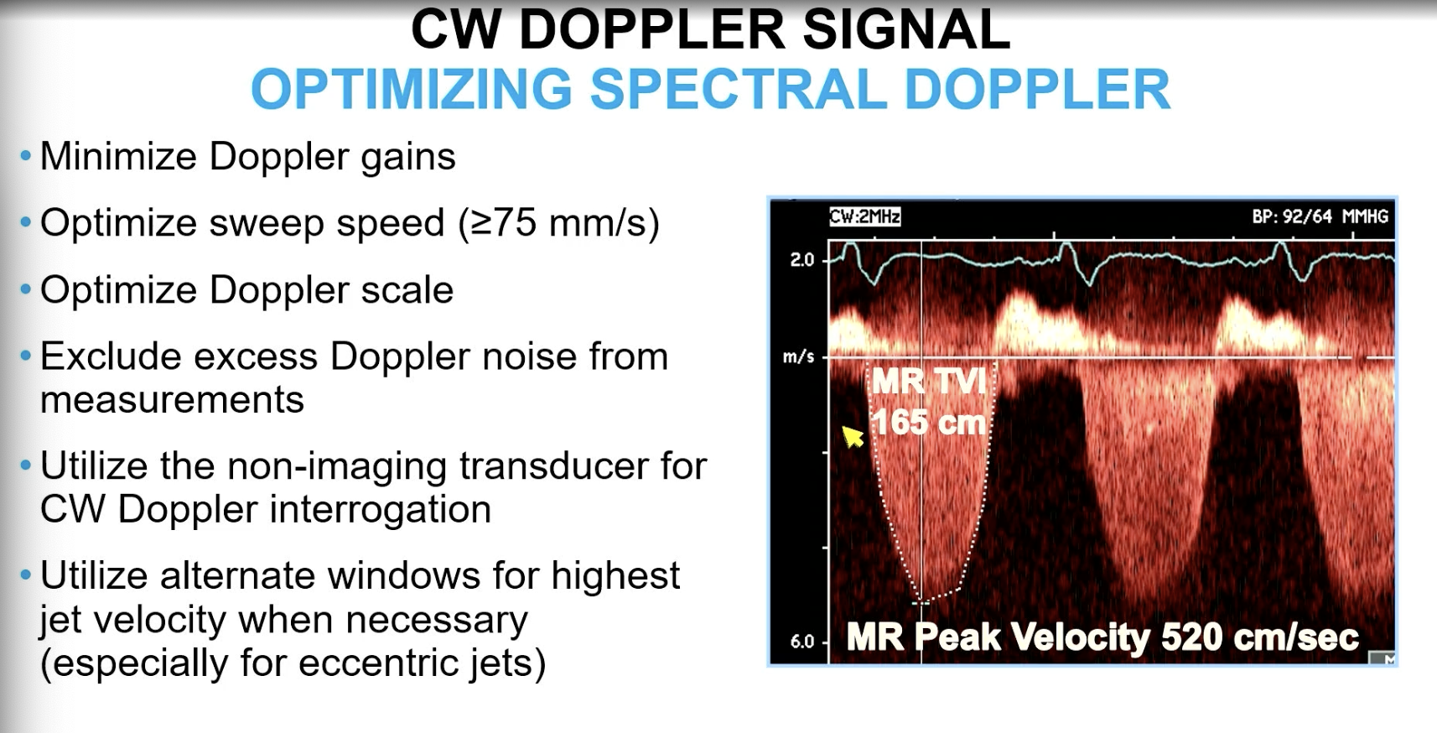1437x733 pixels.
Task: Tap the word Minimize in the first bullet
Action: (x=117, y=157)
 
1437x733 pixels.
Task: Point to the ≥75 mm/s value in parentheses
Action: (x=558, y=223)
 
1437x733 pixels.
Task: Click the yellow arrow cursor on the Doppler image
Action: (x=852, y=436)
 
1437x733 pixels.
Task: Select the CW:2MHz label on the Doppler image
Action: (x=864, y=217)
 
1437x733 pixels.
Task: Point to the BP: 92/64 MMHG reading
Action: (x=1320, y=217)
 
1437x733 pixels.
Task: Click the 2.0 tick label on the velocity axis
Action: (x=802, y=260)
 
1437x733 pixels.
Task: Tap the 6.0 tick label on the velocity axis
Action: (x=802, y=642)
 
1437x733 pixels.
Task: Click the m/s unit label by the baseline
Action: (x=798, y=357)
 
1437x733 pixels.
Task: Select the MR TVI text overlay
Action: (x=929, y=382)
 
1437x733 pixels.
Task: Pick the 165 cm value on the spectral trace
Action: (x=929, y=422)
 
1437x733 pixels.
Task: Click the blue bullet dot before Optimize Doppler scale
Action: (x=26, y=290)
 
